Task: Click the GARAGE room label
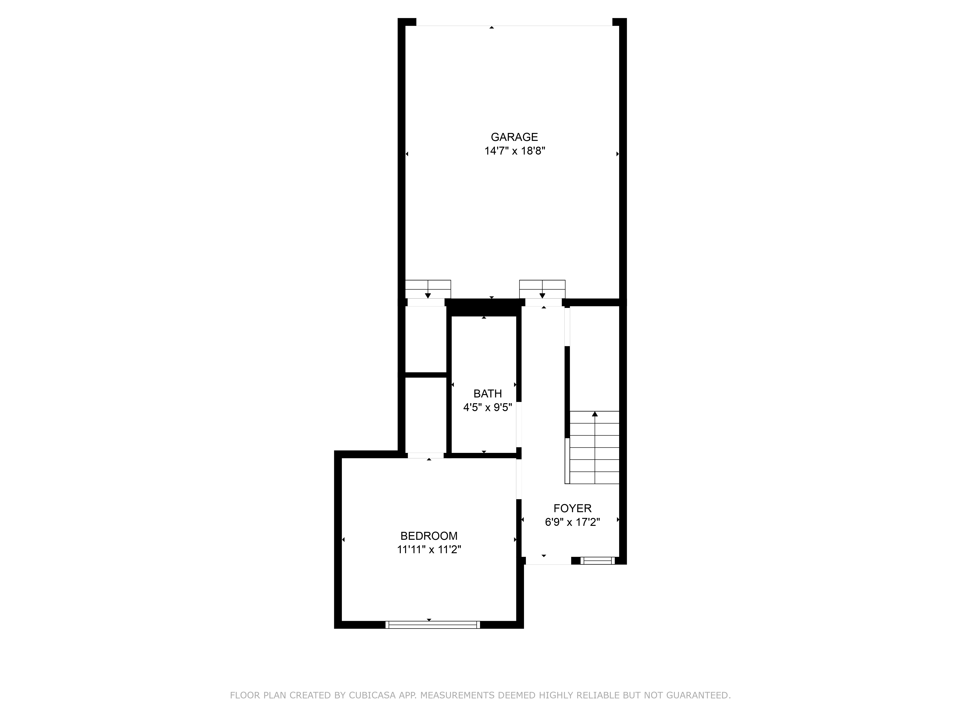[514, 137]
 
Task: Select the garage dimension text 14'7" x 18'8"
[514, 151]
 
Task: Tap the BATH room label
[487, 394]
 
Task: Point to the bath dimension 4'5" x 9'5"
[487, 408]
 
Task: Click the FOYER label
[572, 508]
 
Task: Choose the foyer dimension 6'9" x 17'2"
[572, 522]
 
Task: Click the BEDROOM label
[429, 536]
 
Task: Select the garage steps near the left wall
[428, 289]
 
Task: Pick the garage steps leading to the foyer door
[542, 289]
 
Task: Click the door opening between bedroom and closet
[426, 455]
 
